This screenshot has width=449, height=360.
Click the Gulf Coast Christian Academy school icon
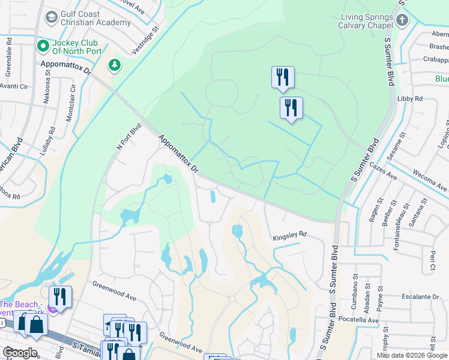(x=51, y=16)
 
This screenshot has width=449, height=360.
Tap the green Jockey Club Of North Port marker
(x=43, y=46)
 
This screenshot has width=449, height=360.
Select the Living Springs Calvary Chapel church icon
(x=402, y=20)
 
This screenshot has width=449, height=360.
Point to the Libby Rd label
(x=410, y=98)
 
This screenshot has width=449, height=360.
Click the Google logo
(x=20, y=353)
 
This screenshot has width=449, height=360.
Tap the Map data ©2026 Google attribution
(x=412, y=355)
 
